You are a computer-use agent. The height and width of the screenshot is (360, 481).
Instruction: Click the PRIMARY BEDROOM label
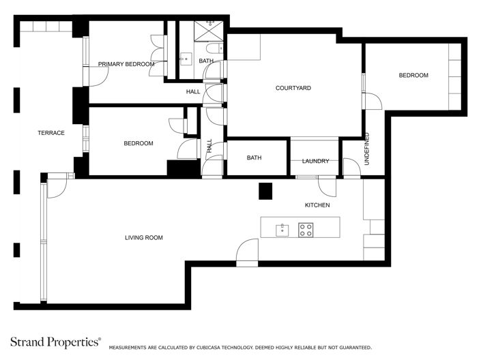coord(126,64)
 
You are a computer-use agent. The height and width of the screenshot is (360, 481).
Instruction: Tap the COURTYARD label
coord(293,88)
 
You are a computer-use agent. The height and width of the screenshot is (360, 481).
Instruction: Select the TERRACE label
coord(51,133)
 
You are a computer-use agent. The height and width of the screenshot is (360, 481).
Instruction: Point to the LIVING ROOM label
coord(144,237)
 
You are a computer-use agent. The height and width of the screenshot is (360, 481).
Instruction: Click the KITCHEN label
coord(317,205)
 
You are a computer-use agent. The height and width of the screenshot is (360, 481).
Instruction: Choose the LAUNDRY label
coord(315,161)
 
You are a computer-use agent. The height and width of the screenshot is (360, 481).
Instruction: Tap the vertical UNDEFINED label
coord(366,149)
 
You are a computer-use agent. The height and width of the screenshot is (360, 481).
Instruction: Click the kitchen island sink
coord(282,230)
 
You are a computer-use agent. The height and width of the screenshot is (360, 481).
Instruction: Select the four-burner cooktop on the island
coord(306,230)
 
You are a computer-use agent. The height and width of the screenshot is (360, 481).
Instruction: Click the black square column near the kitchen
coord(265,191)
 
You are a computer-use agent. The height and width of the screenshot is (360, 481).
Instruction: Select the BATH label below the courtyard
coord(254,158)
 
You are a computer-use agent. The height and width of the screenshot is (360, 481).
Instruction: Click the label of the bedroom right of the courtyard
coord(413,75)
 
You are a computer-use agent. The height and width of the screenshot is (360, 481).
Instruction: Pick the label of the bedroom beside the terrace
coord(139,143)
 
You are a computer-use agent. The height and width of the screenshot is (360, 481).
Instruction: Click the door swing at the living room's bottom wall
coord(246,252)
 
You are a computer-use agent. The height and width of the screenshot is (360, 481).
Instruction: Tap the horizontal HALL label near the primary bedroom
coord(193,91)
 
